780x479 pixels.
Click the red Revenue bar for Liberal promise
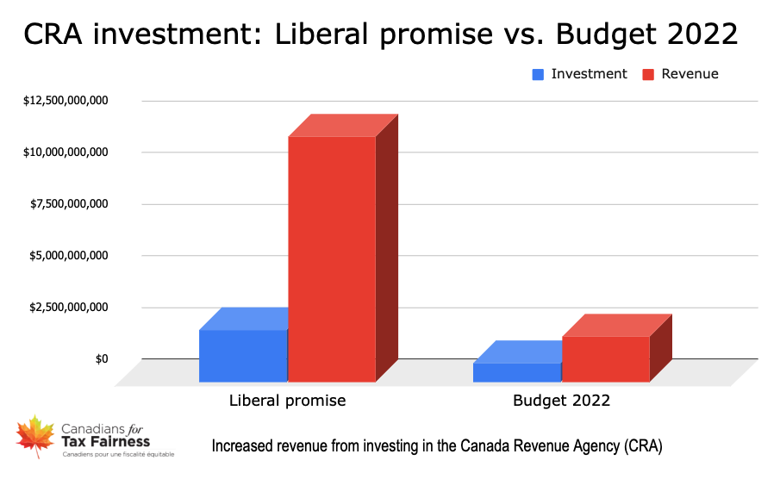click(332, 258)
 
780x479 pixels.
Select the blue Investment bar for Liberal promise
click(243, 355)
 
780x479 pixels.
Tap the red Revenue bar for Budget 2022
click(605, 358)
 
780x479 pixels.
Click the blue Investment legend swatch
click(538, 75)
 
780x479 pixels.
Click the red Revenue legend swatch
click(649, 75)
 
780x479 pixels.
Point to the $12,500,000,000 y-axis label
click(66, 101)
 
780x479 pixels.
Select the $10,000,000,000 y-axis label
click(66, 152)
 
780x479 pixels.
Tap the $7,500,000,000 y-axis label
click(69, 204)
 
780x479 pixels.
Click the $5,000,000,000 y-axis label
click(69, 256)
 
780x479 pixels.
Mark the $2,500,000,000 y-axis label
click(69, 308)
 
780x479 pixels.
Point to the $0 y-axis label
click(102, 358)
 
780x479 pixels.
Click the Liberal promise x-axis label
click(287, 401)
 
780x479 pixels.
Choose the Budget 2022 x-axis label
click(561, 401)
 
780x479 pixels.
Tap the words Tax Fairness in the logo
click(106, 442)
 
